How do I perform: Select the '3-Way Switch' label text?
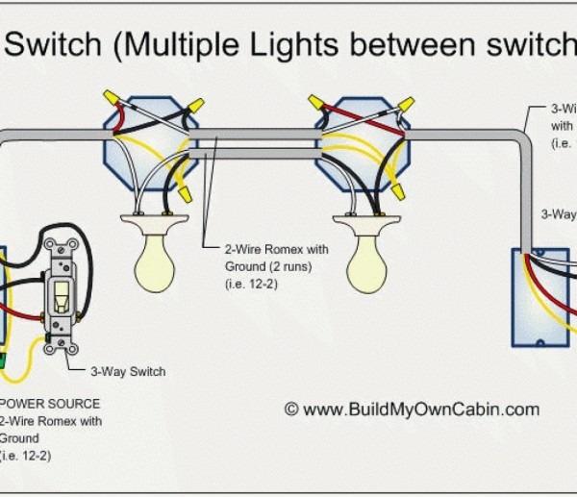(x=128, y=371)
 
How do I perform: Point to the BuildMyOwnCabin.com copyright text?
(x=412, y=409)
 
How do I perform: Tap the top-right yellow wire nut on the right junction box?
(x=405, y=103)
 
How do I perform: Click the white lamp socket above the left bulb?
(x=154, y=225)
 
